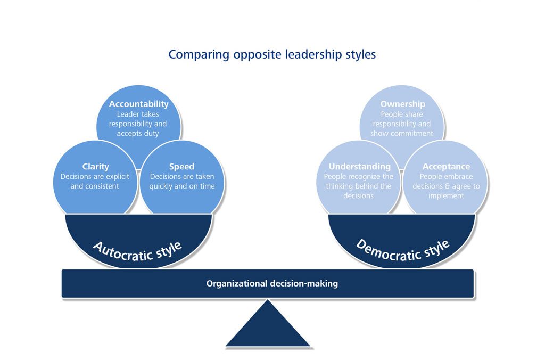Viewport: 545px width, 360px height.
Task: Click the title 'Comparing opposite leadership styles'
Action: [x=272, y=55]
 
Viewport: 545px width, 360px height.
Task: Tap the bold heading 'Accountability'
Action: [x=139, y=104]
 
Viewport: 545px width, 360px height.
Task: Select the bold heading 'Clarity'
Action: [x=96, y=167]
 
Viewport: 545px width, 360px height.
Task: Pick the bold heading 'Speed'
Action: [x=181, y=167]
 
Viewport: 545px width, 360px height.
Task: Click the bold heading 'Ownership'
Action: [x=402, y=104]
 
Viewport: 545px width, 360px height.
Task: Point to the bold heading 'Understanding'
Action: [x=359, y=167]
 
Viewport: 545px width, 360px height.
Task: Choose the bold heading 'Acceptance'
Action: [x=446, y=167]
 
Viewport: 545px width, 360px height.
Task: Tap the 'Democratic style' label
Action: [x=402, y=250]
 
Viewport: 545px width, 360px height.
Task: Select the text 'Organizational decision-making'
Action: [x=272, y=283]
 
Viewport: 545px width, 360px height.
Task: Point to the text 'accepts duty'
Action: [x=138, y=134]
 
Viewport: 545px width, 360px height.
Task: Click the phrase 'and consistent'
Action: [x=95, y=186]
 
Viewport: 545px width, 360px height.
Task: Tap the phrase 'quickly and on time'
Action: [x=182, y=186]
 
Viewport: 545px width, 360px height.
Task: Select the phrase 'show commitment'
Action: [x=401, y=133]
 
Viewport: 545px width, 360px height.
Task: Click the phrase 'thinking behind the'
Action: [x=358, y=186]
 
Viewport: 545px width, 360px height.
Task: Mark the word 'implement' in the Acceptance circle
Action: [x=446, y=196]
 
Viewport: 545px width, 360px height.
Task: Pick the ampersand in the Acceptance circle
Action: [x=449, y=186]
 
